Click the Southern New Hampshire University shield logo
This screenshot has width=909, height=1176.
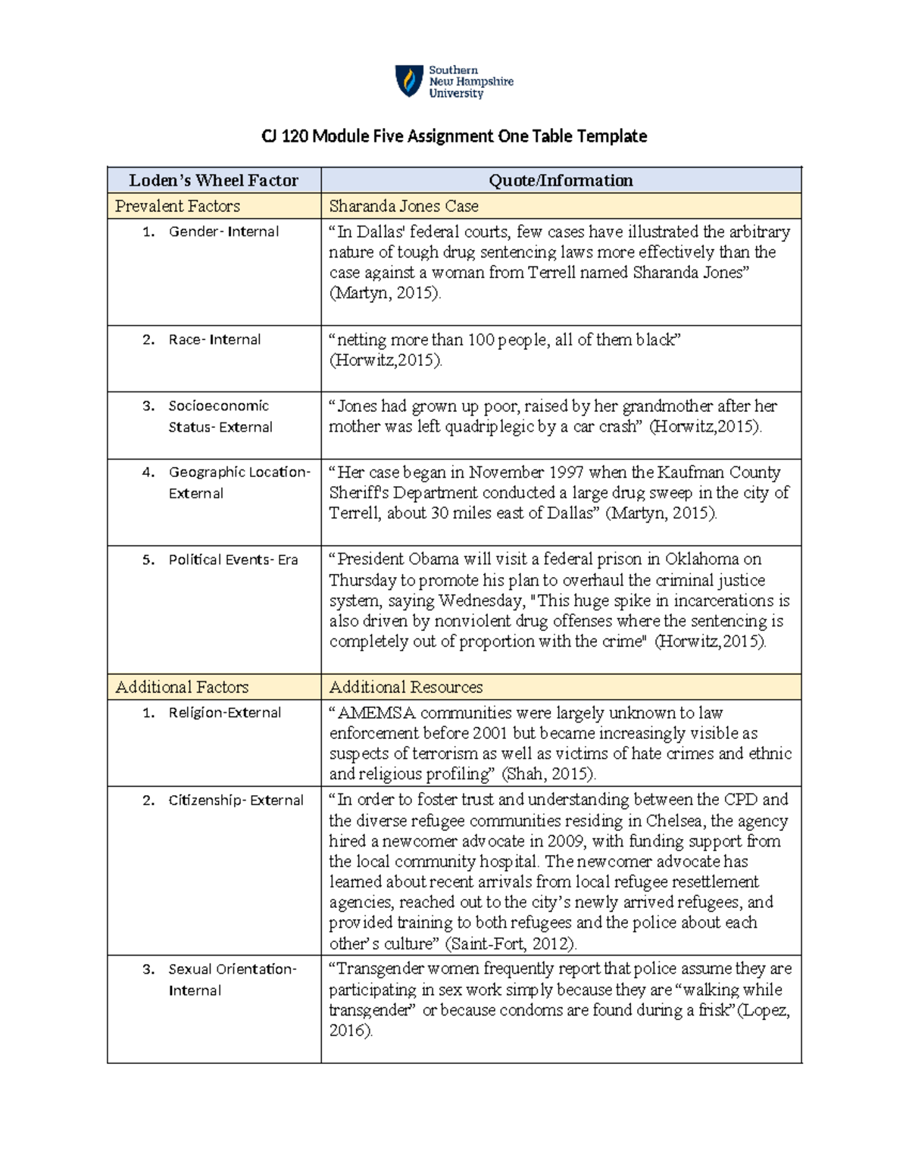409,81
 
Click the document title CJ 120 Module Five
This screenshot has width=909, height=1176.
454,136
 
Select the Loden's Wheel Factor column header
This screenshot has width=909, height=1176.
214,180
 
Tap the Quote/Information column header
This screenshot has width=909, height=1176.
561,180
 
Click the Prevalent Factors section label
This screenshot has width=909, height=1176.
177,206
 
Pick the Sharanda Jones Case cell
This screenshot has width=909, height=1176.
404,206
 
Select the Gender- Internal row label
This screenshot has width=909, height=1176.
223,232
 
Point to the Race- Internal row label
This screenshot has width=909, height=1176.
214,340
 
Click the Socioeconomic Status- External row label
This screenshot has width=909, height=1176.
220,416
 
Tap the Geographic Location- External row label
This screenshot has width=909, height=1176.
239,482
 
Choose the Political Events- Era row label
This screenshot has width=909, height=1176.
233,560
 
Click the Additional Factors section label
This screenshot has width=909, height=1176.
182,687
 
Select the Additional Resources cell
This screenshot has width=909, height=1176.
406,687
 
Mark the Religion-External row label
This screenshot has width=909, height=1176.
224,713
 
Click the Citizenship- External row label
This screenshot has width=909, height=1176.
236,800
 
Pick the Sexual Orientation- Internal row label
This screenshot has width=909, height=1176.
232,979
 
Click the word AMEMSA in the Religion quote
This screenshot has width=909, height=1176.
376,713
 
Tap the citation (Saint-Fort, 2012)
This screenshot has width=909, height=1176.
511,944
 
